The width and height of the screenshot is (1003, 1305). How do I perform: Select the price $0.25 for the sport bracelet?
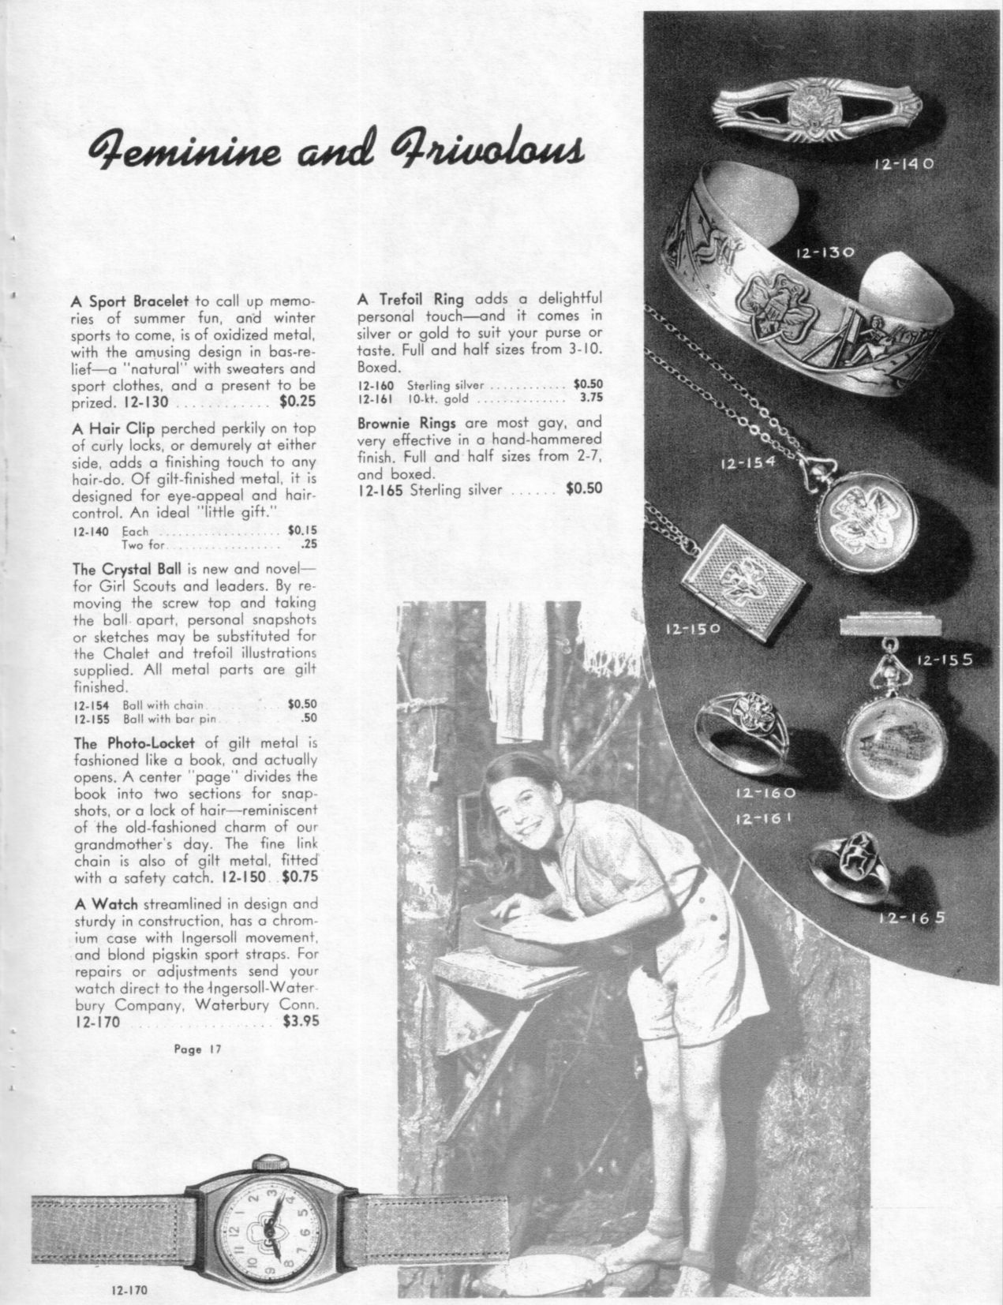pyautogui.click(x=298, y=402)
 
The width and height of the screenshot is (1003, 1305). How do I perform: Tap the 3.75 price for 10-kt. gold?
pyautogui.click(x=590, y=398)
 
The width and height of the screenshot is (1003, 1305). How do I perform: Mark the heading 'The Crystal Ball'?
pyautogui.click(x=126, y=569)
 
